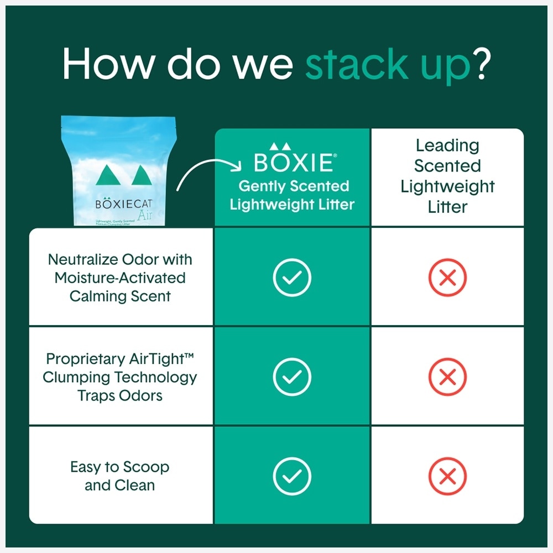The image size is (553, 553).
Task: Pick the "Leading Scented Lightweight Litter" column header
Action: click(447, 176)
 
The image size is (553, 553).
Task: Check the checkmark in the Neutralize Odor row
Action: click(292, 277)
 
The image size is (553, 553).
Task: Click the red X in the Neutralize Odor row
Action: click(447, 277)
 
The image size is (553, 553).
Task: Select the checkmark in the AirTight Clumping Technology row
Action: click(292, 377)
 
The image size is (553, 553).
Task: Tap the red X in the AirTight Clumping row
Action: click(447, 377)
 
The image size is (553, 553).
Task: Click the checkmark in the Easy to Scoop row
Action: click(292, 476)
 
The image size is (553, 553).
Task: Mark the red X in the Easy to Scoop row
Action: click(447, 476)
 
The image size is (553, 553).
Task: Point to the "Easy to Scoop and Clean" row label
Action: click(120, 476)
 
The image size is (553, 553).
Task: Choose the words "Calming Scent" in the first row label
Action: click(120, 296)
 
